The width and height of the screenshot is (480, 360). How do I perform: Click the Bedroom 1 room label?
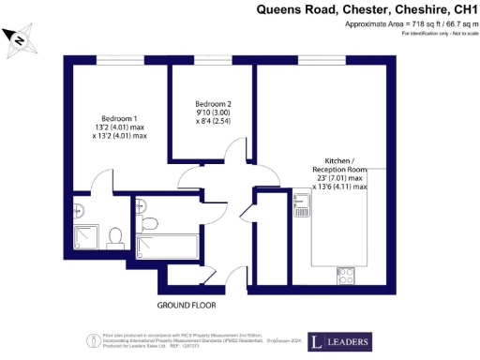point(119,118)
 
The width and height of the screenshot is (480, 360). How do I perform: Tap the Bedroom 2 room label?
point(214,103)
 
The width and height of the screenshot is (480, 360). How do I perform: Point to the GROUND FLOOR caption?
point(187,306)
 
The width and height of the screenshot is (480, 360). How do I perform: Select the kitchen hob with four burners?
point(344,276)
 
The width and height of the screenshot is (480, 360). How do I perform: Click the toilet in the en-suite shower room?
point(113,234)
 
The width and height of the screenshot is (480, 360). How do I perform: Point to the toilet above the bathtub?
point(150,221)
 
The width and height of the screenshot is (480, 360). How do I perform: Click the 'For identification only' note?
point(439,33)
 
